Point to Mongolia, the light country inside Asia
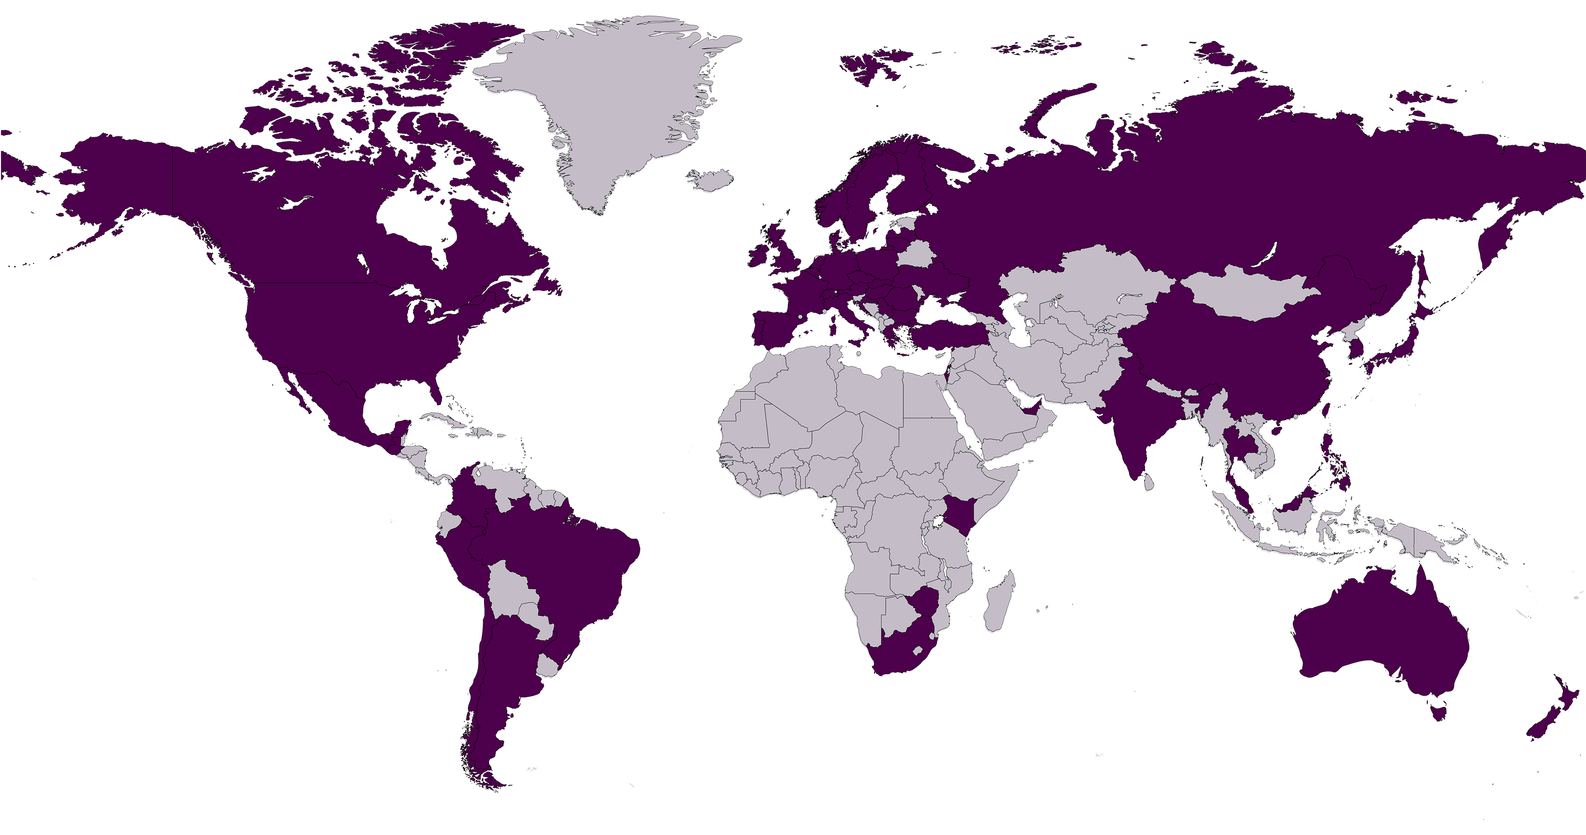point(1250,295)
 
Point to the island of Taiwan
point(1326,409)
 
